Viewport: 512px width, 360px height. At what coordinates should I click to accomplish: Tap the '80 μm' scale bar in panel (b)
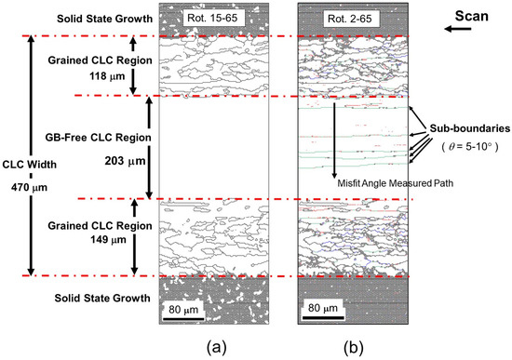[321, 312]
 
